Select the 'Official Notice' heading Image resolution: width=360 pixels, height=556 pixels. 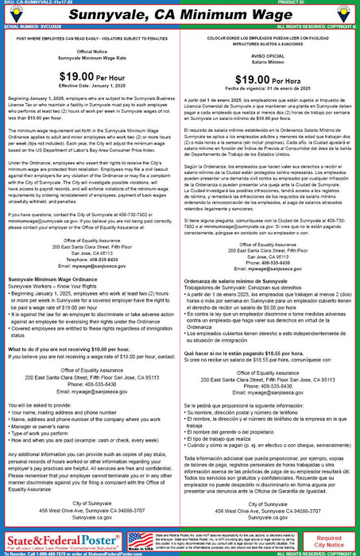click(x=90, y=75)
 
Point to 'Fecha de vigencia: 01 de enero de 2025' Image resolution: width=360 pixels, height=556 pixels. click(x=270, y=113)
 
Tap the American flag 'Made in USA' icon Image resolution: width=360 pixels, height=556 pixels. click(x=136, y=540)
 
